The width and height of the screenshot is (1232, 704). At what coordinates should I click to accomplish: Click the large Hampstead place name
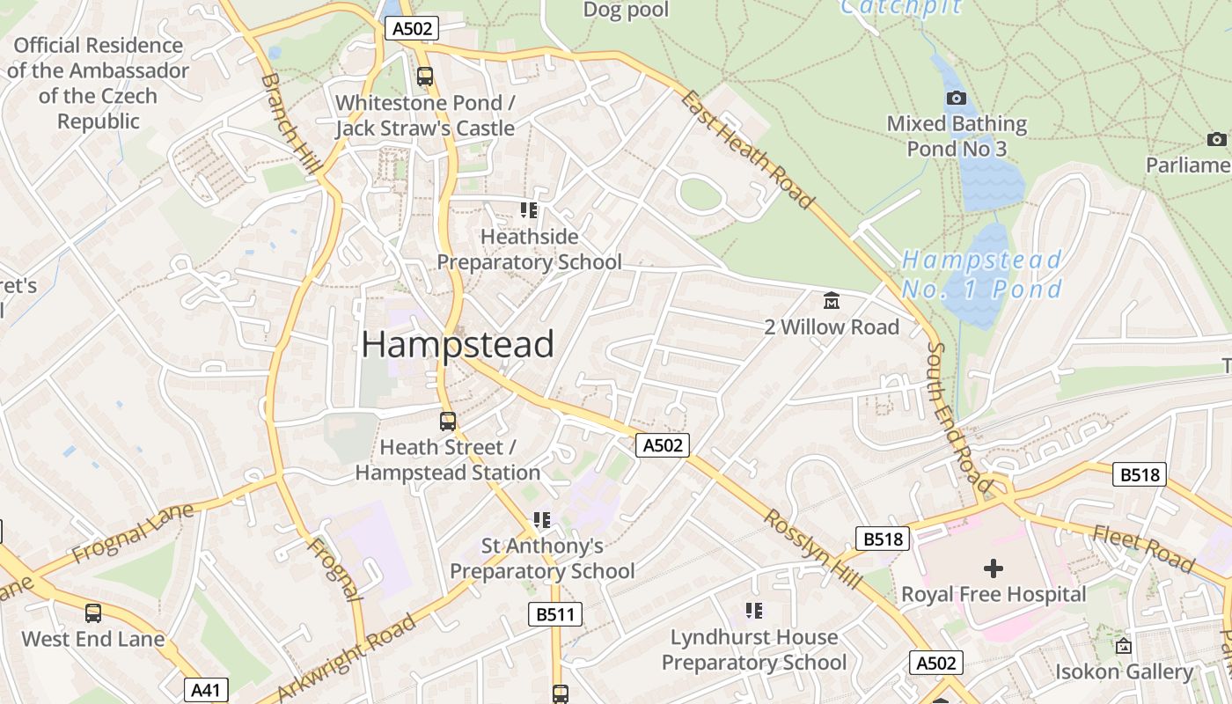coord(458,344)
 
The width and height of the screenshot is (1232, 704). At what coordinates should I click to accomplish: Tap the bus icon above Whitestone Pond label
coord(425,77)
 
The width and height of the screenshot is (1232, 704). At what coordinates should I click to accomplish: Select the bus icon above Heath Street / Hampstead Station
coord(448,421)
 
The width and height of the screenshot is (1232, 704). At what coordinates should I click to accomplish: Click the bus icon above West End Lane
coord(93,612)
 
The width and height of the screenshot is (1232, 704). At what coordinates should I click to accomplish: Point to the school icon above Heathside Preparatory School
coord(529,210)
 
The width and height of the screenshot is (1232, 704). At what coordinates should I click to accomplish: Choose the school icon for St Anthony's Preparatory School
coord(542,520)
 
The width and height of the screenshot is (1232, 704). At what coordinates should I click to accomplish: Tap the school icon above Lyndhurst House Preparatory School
coord(753,610)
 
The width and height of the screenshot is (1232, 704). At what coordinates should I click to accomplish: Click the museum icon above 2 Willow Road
coord(831,301)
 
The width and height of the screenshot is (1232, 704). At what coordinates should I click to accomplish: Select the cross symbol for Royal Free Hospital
coord(994,568)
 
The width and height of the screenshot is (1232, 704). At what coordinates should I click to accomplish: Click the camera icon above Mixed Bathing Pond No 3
coord(957,98)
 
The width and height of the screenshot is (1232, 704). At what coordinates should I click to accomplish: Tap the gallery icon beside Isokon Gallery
coord(1124,646)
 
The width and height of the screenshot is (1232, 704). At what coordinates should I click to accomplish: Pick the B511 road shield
coord(555,614)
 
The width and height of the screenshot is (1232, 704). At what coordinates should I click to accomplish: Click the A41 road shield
coord(206,690)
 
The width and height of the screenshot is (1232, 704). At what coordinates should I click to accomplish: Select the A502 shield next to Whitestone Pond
coord(412,28)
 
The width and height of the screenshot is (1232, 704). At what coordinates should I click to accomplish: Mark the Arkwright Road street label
coord(347,658)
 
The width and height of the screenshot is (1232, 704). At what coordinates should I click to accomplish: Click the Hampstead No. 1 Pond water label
coord(982,275)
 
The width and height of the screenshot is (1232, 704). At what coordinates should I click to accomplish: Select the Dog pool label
coord(627,10)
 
